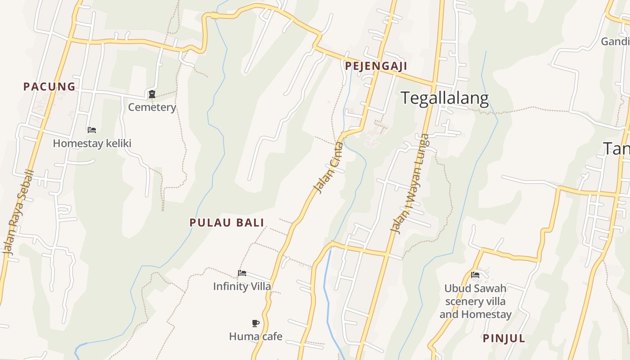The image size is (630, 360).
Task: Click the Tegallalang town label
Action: (x=445, y=98)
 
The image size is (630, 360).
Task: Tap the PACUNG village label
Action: (x=49, y=86)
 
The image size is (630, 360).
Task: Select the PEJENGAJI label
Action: (x=376, y=66)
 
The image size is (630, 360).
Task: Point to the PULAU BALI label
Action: (x=227, y=222)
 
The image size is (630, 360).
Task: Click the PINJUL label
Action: (x=504, y=338)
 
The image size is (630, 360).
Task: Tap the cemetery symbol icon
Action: (x=152, y=94)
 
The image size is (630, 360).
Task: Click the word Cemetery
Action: (x=152, y=107)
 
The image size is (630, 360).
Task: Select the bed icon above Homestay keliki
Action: (x=92, y=130)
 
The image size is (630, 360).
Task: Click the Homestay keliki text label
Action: (x=92, y=144)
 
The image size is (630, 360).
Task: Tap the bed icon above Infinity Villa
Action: (x=242, y=273)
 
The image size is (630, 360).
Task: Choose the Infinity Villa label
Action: (x=242, y=286)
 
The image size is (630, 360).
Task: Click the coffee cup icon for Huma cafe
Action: (x=256, y=323)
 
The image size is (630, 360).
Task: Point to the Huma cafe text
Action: (x=256, y=336)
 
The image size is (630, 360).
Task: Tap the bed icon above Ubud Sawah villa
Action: (x=475, y=275)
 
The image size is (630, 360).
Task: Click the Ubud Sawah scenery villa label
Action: (x=475, y=301)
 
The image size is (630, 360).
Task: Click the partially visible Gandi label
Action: (x=615, y=41)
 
